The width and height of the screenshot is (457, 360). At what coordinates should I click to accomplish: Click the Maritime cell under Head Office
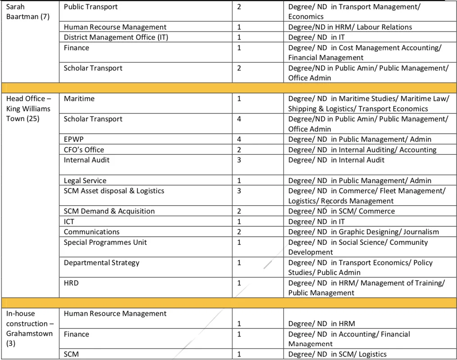[x=79, y=99]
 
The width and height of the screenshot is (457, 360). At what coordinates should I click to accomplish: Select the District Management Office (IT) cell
[x=116, y=37]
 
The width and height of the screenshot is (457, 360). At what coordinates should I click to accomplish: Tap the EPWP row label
[x=74, y=139]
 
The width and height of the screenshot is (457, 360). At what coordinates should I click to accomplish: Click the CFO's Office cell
[x=84, y=150]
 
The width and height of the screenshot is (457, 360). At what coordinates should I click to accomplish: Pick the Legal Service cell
[x=85, y=180]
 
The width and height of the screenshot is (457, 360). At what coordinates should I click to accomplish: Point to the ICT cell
[x=69, y=221]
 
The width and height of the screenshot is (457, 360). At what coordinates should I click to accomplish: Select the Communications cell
[x=91, y=232]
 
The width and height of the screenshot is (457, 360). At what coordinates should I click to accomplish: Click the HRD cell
[x=72, y=283]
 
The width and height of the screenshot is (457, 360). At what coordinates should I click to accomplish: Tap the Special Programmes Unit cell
[x=105, y=242]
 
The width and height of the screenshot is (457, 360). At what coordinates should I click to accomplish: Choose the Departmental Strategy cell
[x=102, y=263]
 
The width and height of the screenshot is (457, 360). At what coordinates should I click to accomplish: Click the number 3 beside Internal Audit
[x=239, y=160]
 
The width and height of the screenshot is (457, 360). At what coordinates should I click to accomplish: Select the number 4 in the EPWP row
[x=239, y=139]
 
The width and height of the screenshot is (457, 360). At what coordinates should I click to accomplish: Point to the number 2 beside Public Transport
[x=239, y=7]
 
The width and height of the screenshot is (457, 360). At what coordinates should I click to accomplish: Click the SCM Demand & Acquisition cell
[x=109, y=211]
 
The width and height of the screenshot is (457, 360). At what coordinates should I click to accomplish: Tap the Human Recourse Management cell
[x=115, y=27]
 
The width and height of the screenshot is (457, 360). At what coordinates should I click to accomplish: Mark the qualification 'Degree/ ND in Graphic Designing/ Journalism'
[x=363, y=232]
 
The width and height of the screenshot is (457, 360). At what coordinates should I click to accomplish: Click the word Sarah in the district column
[x=16, y=7]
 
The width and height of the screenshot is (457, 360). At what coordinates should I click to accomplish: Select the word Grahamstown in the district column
[x=29, y=333]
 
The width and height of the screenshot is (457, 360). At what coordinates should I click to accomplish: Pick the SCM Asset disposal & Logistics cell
[x=114, y=191]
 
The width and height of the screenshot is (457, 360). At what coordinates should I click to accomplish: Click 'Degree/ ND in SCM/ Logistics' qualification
[x=337, y=354]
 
